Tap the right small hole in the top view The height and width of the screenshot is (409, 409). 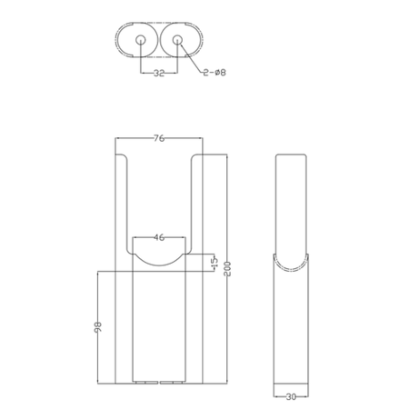pyautogui.click(x=178, y=41)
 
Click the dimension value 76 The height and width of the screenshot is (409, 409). pyautogui.click(x=159, y=139)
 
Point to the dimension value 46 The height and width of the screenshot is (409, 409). pyautogui.click(x=159, y=237)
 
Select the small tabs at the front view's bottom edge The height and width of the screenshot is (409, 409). pyautogui.click(x=159, y=380)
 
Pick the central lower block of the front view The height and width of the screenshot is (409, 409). pyautogui.click(x=159, y=327)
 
